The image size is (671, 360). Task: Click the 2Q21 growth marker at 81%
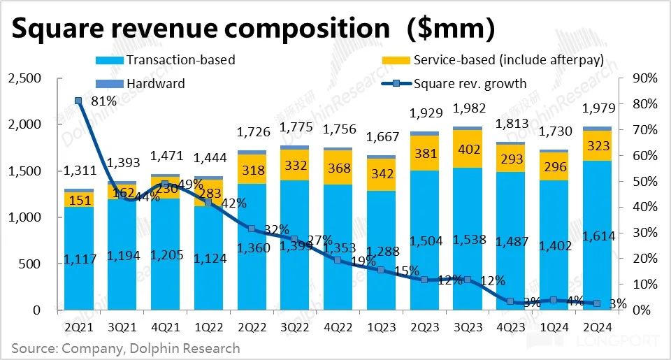78,101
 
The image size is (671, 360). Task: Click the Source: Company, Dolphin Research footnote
125,348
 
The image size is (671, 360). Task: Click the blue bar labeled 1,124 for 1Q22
208,259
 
